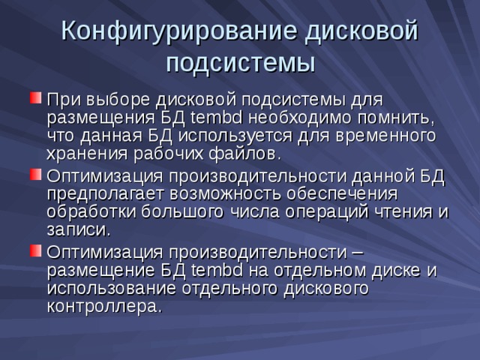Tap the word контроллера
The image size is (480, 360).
click(103, 305)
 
